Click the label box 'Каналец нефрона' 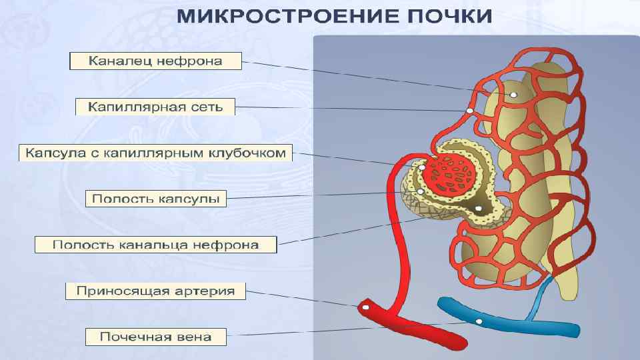[156, 62]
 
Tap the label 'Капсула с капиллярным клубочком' [155, 153]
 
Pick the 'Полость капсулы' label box [156, 199]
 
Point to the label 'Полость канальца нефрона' [155, 245]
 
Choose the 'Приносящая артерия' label [155, 291]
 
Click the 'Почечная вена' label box [155, 337]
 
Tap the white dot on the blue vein [479, 322]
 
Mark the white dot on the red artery [365, 307]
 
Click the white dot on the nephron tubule [513, 95]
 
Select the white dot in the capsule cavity [421, 192]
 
